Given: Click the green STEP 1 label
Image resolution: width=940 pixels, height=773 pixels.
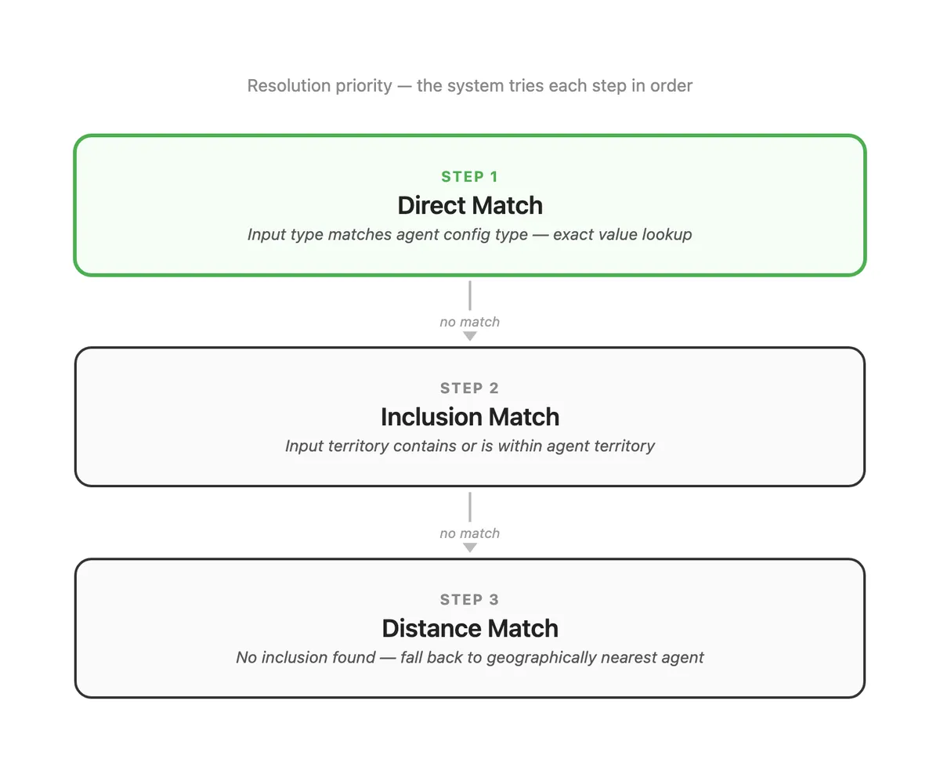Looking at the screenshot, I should [x=470, y=176].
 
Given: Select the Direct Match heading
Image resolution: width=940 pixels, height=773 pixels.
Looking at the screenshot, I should [x=470, y=205].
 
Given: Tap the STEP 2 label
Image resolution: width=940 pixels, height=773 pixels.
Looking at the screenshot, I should [x=470, y=388].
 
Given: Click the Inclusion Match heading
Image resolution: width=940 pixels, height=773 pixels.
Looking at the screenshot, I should [x=470, y=417].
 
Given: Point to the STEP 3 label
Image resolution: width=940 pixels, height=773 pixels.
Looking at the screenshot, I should [x=470, y=599].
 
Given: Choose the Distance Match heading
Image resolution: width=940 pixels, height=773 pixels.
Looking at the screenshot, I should [x=470, y=628].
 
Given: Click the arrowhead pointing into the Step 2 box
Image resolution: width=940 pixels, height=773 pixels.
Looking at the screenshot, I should [x=470, y=336].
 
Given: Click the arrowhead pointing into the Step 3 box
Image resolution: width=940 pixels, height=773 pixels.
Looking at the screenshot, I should [x=470, y=547].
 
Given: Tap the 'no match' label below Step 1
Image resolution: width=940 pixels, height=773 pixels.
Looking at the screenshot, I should [x=470, y=321].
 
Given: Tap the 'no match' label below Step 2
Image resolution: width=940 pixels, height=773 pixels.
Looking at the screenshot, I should [x=470, y=533].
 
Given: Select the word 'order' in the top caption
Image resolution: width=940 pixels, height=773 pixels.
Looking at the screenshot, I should [x=671, y=85].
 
